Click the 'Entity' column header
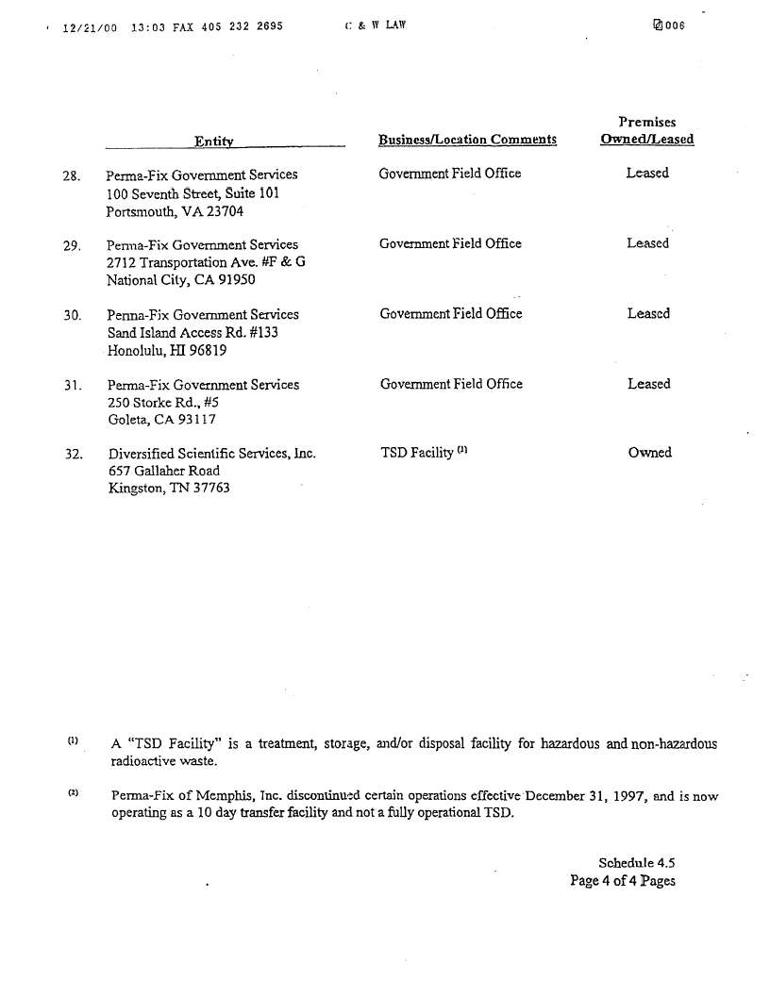[x=214, y=141]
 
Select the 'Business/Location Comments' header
[x=467, y=140]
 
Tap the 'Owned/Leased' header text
[x=646, y=140]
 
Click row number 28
[x=72, y=175]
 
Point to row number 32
[x=73, y=455]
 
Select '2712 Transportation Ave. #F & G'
[x=206, y=262]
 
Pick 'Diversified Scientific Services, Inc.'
[x=211, y=454]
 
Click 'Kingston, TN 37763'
[x=169, y=489]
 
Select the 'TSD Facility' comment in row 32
[x=417, y=453]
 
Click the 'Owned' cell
[x=649, y=453]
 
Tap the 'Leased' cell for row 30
[x=648, y=314]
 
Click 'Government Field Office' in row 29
[x=450, y=244]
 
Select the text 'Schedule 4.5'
[x=636, y=863]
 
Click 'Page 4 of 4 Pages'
[x=622, y=881]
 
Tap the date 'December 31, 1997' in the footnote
[x=586, y=796]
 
